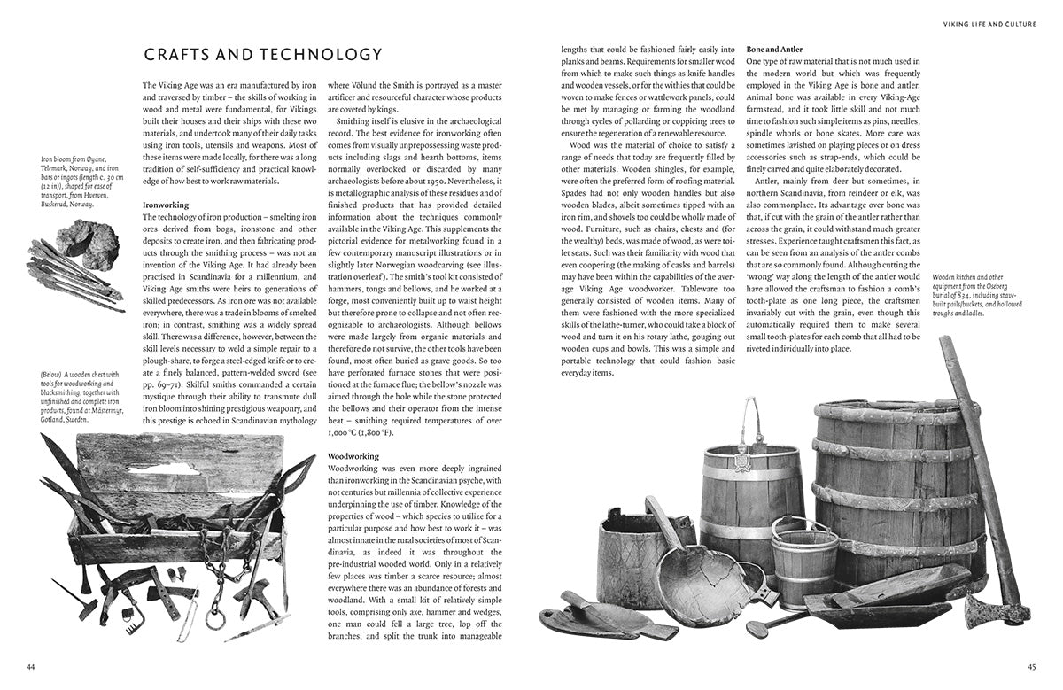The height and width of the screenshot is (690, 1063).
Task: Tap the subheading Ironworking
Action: click(x=167, y=205)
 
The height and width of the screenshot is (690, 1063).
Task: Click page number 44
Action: click(x=30, y=666)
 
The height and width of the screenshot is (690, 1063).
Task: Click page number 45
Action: click(x=1031, y=666)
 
